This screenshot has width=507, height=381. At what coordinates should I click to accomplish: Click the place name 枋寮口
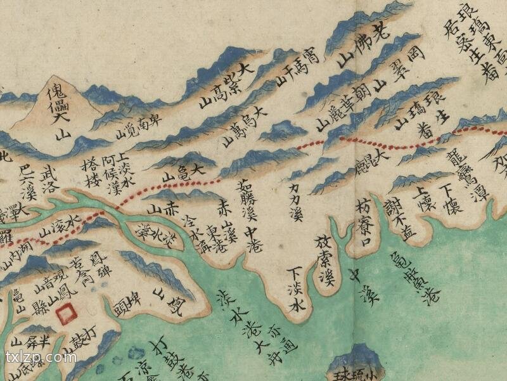click(x=362, y=221)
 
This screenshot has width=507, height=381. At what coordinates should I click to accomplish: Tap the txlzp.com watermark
click(x=41, y=357)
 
